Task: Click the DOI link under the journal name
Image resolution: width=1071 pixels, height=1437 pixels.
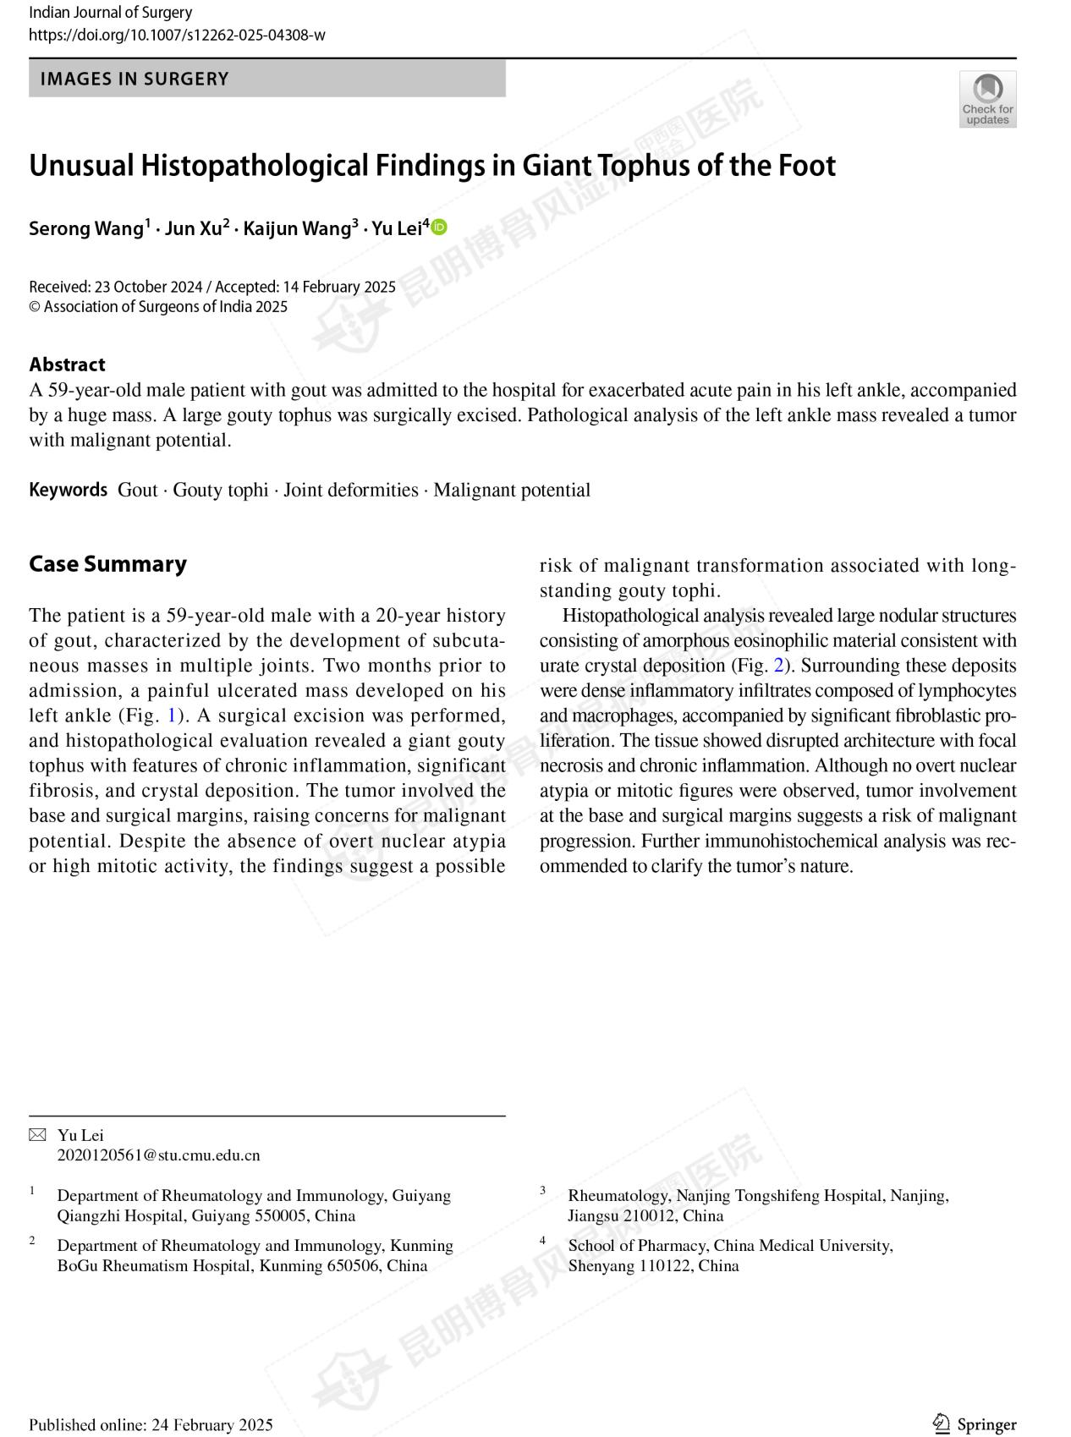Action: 177,35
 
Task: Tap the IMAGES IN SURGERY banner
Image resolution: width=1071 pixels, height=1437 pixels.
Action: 266,79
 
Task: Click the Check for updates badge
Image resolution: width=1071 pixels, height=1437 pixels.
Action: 987,99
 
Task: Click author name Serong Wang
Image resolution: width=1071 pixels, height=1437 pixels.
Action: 86,228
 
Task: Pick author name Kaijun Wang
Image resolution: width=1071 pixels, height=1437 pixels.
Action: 297,228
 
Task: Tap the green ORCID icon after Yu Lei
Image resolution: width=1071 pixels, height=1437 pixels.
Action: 440,227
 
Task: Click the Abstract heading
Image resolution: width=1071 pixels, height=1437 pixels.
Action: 67,365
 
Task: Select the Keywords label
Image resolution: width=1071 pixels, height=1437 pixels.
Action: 69,490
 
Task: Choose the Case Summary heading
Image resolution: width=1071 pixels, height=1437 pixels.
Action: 107,564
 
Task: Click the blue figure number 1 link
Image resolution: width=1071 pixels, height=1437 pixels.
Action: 172,716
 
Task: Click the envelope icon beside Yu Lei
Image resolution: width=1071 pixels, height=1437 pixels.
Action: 38,1135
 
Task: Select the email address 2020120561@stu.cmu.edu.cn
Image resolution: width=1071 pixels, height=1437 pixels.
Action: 158,1155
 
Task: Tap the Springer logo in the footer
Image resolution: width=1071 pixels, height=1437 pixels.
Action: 975,1424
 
